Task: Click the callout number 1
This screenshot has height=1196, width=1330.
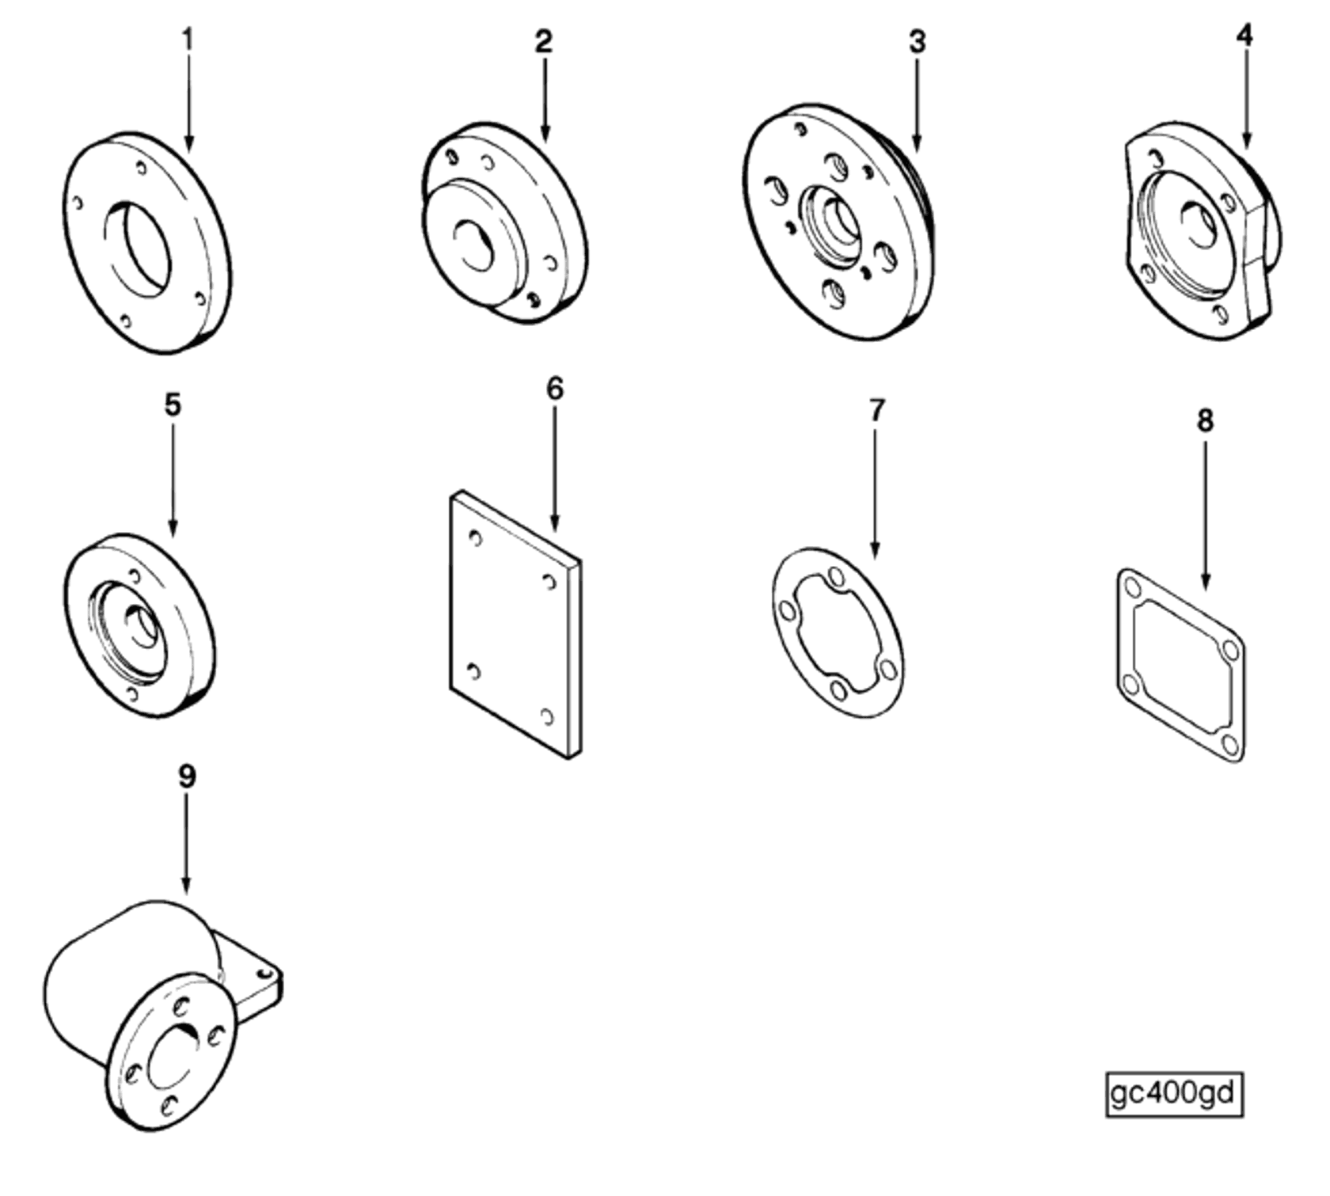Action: (188, 39)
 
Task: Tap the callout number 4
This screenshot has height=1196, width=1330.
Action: (1244, 36)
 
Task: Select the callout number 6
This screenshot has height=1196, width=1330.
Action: (555, 389)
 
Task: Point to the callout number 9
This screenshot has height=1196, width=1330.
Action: (186, 777)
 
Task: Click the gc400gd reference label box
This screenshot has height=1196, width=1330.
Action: (1174, 1095)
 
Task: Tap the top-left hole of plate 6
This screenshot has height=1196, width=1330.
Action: (475, 538)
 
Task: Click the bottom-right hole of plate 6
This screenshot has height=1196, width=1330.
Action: (547, 716)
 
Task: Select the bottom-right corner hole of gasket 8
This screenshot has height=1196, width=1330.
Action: (1229, 744)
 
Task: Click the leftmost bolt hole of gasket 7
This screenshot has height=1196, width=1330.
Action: (787, 611)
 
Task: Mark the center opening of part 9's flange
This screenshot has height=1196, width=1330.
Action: (173, 1057)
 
